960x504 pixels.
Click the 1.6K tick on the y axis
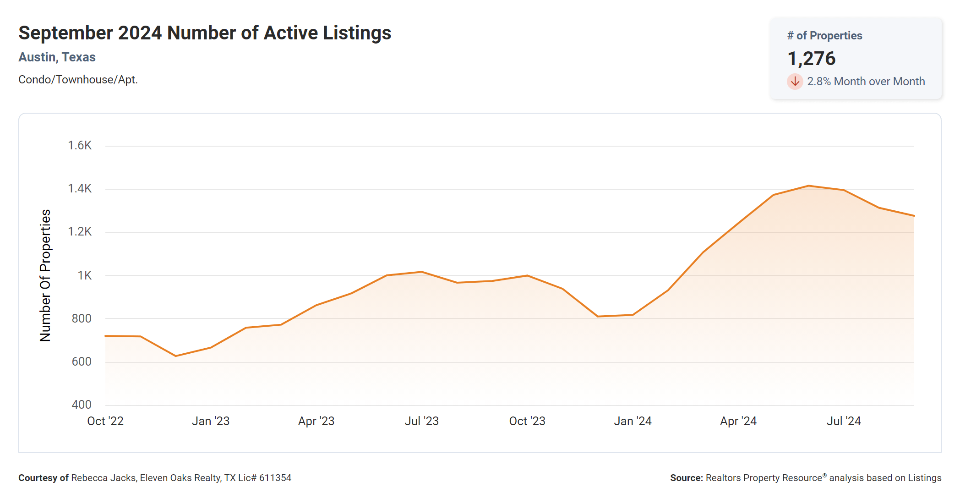tap(80, 146)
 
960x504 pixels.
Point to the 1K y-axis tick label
tap(84, 275)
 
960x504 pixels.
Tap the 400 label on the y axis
tap(82, 405)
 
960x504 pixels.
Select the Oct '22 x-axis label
tap(105, 421)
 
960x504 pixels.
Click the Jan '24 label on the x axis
tap(633, 421)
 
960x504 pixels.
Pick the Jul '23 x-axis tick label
tap(421, 421)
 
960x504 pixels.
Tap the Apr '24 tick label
tap(738, 421)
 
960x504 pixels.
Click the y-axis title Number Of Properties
tap(45, 275)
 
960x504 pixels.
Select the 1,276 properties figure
tap(811, 59)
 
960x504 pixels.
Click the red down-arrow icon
tap(795, 82)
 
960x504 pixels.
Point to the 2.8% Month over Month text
tap(866, 82)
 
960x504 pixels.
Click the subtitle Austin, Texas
tap(57, 57)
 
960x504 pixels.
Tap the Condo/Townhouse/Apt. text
tap(78, 80)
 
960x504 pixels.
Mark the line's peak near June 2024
tap(809, 186)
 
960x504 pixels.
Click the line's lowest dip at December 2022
tap(176, 356)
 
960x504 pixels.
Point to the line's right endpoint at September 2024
tap(914, 216)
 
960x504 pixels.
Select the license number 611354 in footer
tap(275, 478)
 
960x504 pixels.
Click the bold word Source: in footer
tap(686, 478)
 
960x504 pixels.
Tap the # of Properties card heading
tap(824, 36)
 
